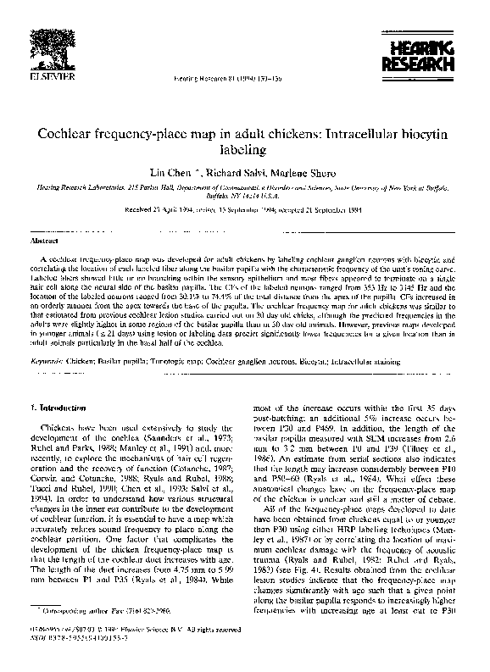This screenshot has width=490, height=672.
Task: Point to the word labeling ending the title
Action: (243, 151)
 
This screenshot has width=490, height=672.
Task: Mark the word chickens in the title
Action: (292, 135)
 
